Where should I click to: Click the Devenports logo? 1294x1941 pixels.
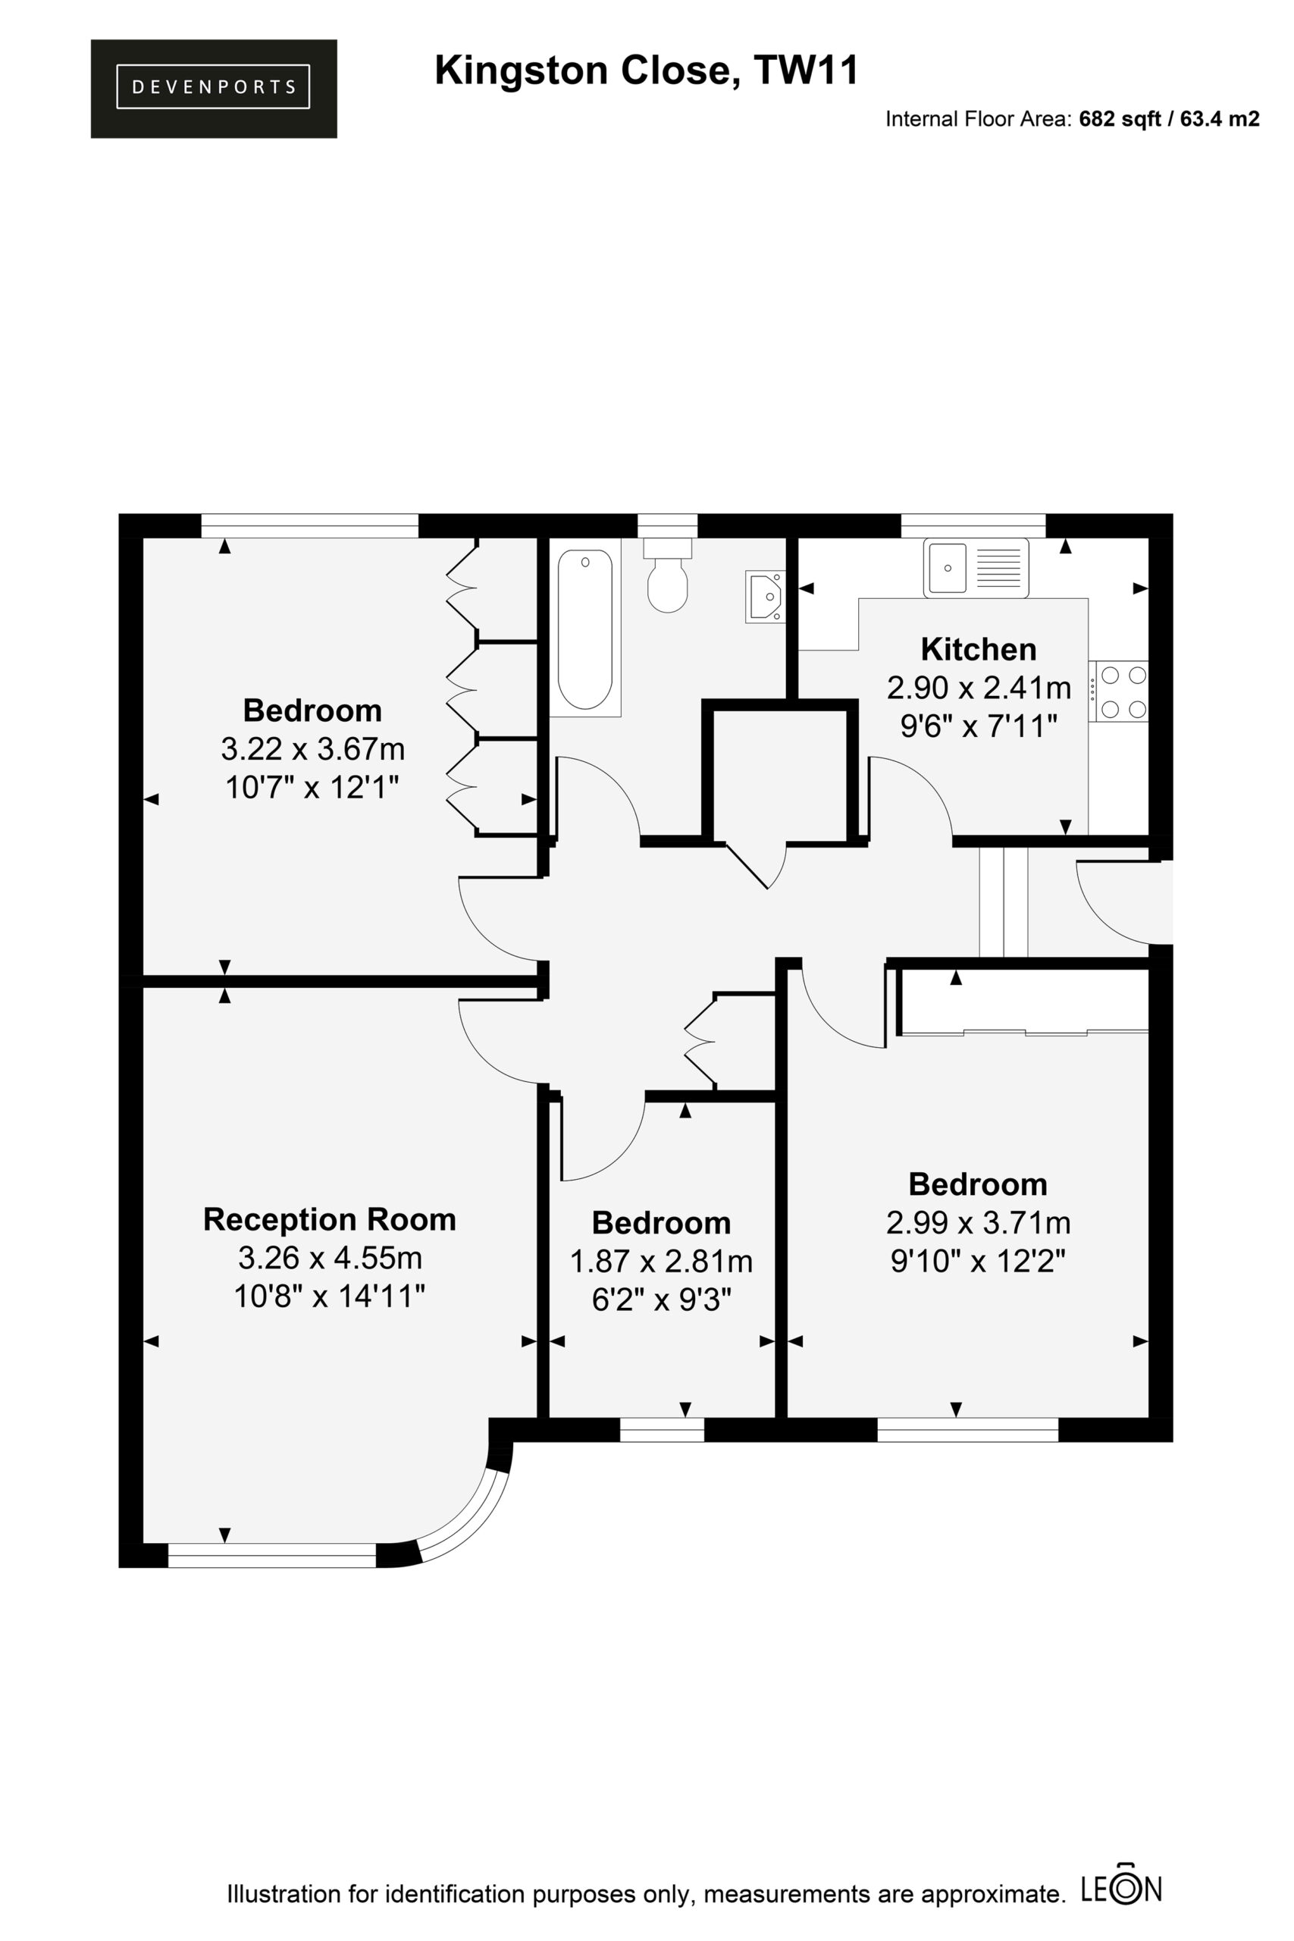(x=214, y=88)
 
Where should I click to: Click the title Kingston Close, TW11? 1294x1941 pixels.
(x=646, y=71)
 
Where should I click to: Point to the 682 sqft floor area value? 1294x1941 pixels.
(x=1117, y=119)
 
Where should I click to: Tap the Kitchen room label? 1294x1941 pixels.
(x=978, y=650)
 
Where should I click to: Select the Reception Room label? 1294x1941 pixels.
(x=329, y=1220)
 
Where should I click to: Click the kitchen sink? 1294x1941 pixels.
(x=976, y=567)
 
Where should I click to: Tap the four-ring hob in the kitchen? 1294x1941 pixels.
(x=1118, y=691)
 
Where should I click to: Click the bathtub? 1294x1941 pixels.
(x=585, y=629)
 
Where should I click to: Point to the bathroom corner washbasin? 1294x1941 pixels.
(x=765, y=597)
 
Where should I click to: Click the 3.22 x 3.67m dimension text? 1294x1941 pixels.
(x=313, y=749)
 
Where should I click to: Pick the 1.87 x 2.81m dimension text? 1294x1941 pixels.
(x=662, y=1261)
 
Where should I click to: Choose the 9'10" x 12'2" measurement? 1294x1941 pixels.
(x=978, y=1261)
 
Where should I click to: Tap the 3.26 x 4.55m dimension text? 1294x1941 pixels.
(x=330, y=1259)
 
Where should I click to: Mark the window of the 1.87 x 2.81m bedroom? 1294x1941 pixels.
(x=662, y=1429)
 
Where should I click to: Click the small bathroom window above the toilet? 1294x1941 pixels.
(x=668, y=525)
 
